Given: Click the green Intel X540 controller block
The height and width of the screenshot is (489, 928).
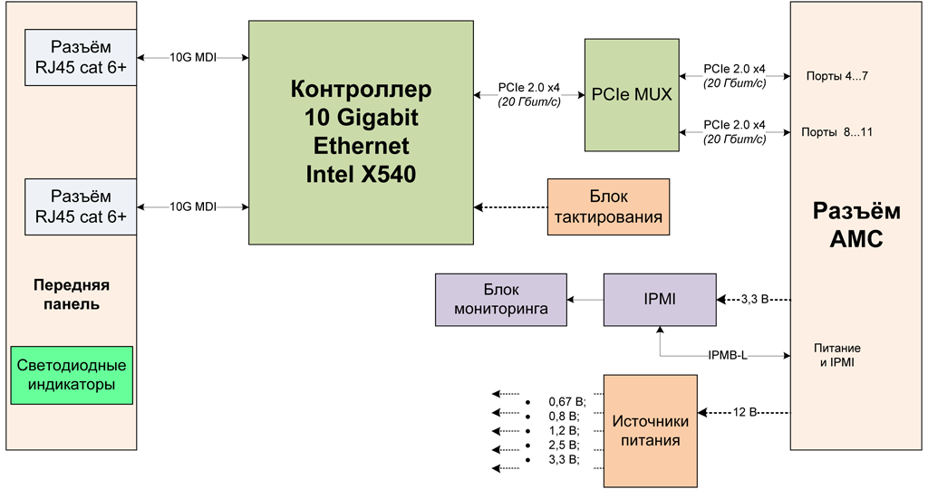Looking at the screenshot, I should click(x=361, y=131).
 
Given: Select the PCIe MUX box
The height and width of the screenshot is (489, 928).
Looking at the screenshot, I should click(x=632, y=94).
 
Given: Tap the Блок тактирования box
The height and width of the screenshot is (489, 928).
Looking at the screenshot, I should click(x=608, y=206).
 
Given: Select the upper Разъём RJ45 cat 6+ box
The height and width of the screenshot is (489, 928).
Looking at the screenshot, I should click(x=80, y=57).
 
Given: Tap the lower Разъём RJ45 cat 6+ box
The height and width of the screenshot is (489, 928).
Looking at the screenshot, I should click(x=80, y=206).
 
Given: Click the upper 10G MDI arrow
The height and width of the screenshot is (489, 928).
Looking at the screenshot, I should click(x=193, y=57).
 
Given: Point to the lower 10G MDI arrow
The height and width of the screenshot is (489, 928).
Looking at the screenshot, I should click(x=193, y=206).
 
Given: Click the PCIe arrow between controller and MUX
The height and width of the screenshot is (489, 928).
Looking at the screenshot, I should click(x=528, y=93).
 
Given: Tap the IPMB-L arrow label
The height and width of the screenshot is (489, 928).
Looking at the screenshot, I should click(x=728, y=355).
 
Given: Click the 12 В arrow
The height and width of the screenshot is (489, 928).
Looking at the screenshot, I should click(x=746, y=412).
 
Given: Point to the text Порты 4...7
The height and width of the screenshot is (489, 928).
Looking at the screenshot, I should click(x=836, y=76).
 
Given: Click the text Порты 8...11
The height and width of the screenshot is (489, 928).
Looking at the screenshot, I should click(x=836, y=132).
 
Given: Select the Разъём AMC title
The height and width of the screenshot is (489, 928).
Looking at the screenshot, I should click(x=856, y=226).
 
